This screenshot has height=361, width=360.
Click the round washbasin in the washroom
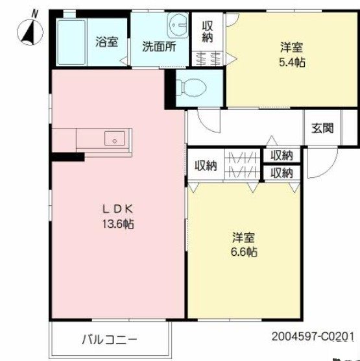click(x=177, y=28)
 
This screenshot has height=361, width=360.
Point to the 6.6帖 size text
click(x=245, y=252)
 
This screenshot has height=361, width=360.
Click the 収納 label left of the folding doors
click(x=206, y=166)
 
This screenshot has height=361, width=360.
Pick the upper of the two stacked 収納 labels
click(x=282, y=156)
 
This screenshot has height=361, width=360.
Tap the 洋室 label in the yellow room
click(x=245, y=237)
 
